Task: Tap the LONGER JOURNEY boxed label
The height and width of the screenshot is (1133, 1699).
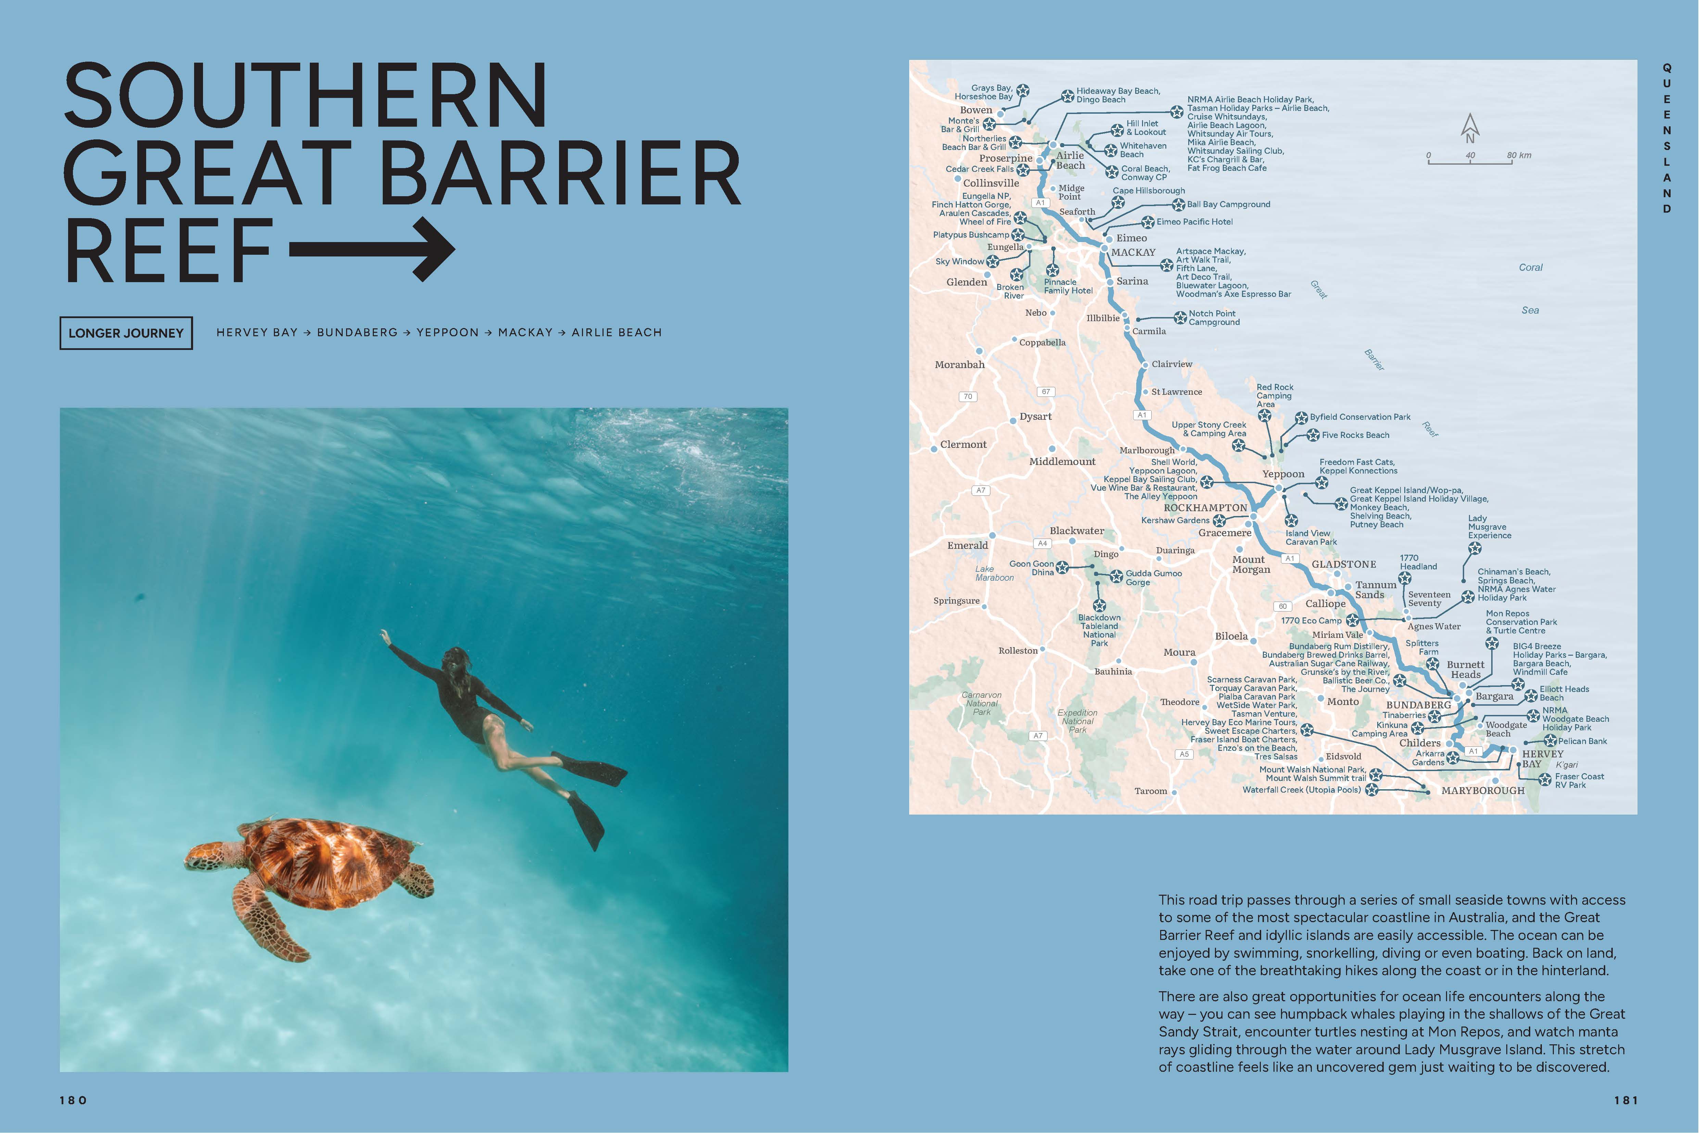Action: click(x=126, y=333)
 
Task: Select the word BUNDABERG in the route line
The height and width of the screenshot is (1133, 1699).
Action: click(x=357, y=332)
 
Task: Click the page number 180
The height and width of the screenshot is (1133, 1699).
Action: click(x=73, y=1100)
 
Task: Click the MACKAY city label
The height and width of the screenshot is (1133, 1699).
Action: click(x=1133, y=252)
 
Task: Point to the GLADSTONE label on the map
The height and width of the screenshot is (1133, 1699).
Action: click(x=1344, y=564)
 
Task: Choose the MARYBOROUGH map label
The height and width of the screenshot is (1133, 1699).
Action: click(x=1482, y=791)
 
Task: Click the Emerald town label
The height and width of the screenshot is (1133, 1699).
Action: click(x=967, y=545)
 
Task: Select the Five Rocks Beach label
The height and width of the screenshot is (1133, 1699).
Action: click(x=1355, y=435)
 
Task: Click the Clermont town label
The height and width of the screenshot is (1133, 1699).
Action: click(x=963, y=444)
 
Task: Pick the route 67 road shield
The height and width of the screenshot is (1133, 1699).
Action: click(x=1045, y=392)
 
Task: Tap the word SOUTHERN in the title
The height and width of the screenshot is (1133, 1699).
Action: click(x=306, y=96)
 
